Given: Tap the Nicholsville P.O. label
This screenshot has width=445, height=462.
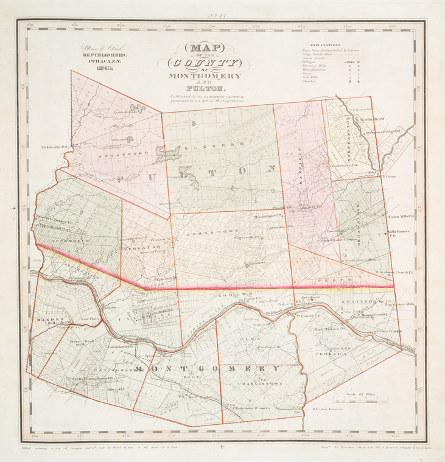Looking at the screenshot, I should point(54,147).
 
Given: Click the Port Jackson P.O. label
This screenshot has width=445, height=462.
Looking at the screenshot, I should point(331,329).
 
